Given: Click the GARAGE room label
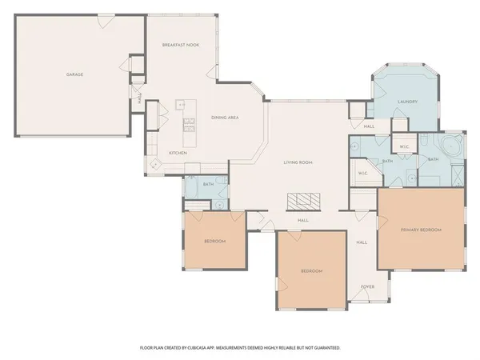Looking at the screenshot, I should pos(74,74).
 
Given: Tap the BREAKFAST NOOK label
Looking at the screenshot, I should pos(180,45).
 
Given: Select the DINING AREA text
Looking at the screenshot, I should pos(225,118).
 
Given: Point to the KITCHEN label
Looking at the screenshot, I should pos(177,153).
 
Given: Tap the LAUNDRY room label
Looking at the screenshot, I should pos(409,102).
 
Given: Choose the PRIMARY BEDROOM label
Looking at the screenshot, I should pos(421,230).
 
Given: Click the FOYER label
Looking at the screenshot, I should pos(367,286).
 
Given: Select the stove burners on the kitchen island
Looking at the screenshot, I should pos(189,123).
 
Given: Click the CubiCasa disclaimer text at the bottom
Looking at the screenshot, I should pos(240,348).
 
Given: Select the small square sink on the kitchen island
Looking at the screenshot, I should pos(182,104).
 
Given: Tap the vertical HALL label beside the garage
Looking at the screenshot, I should pos(139,100).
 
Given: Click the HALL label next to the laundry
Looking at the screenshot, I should pos(369,126).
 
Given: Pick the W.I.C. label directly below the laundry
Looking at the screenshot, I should pos(404,147).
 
